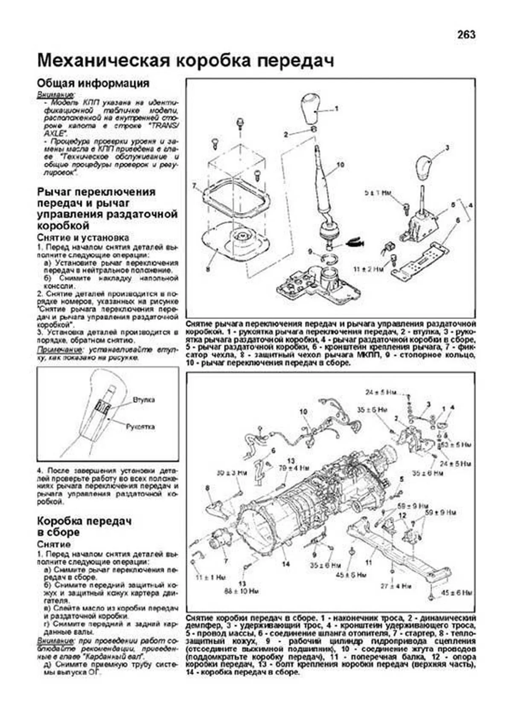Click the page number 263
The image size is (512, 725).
pos(466,35)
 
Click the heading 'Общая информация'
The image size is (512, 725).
pos(93,83)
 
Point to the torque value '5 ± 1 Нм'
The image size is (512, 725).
pos(378,193)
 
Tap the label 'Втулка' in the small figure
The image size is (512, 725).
pos(143,400)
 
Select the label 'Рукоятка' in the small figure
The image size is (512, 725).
pos(140,426)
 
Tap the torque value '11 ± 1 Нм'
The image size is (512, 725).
pos(210,577)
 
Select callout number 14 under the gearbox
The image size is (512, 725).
pos(285,564)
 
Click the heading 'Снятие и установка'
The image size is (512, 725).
pos(83,237)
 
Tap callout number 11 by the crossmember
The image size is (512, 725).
pos(369,563)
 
